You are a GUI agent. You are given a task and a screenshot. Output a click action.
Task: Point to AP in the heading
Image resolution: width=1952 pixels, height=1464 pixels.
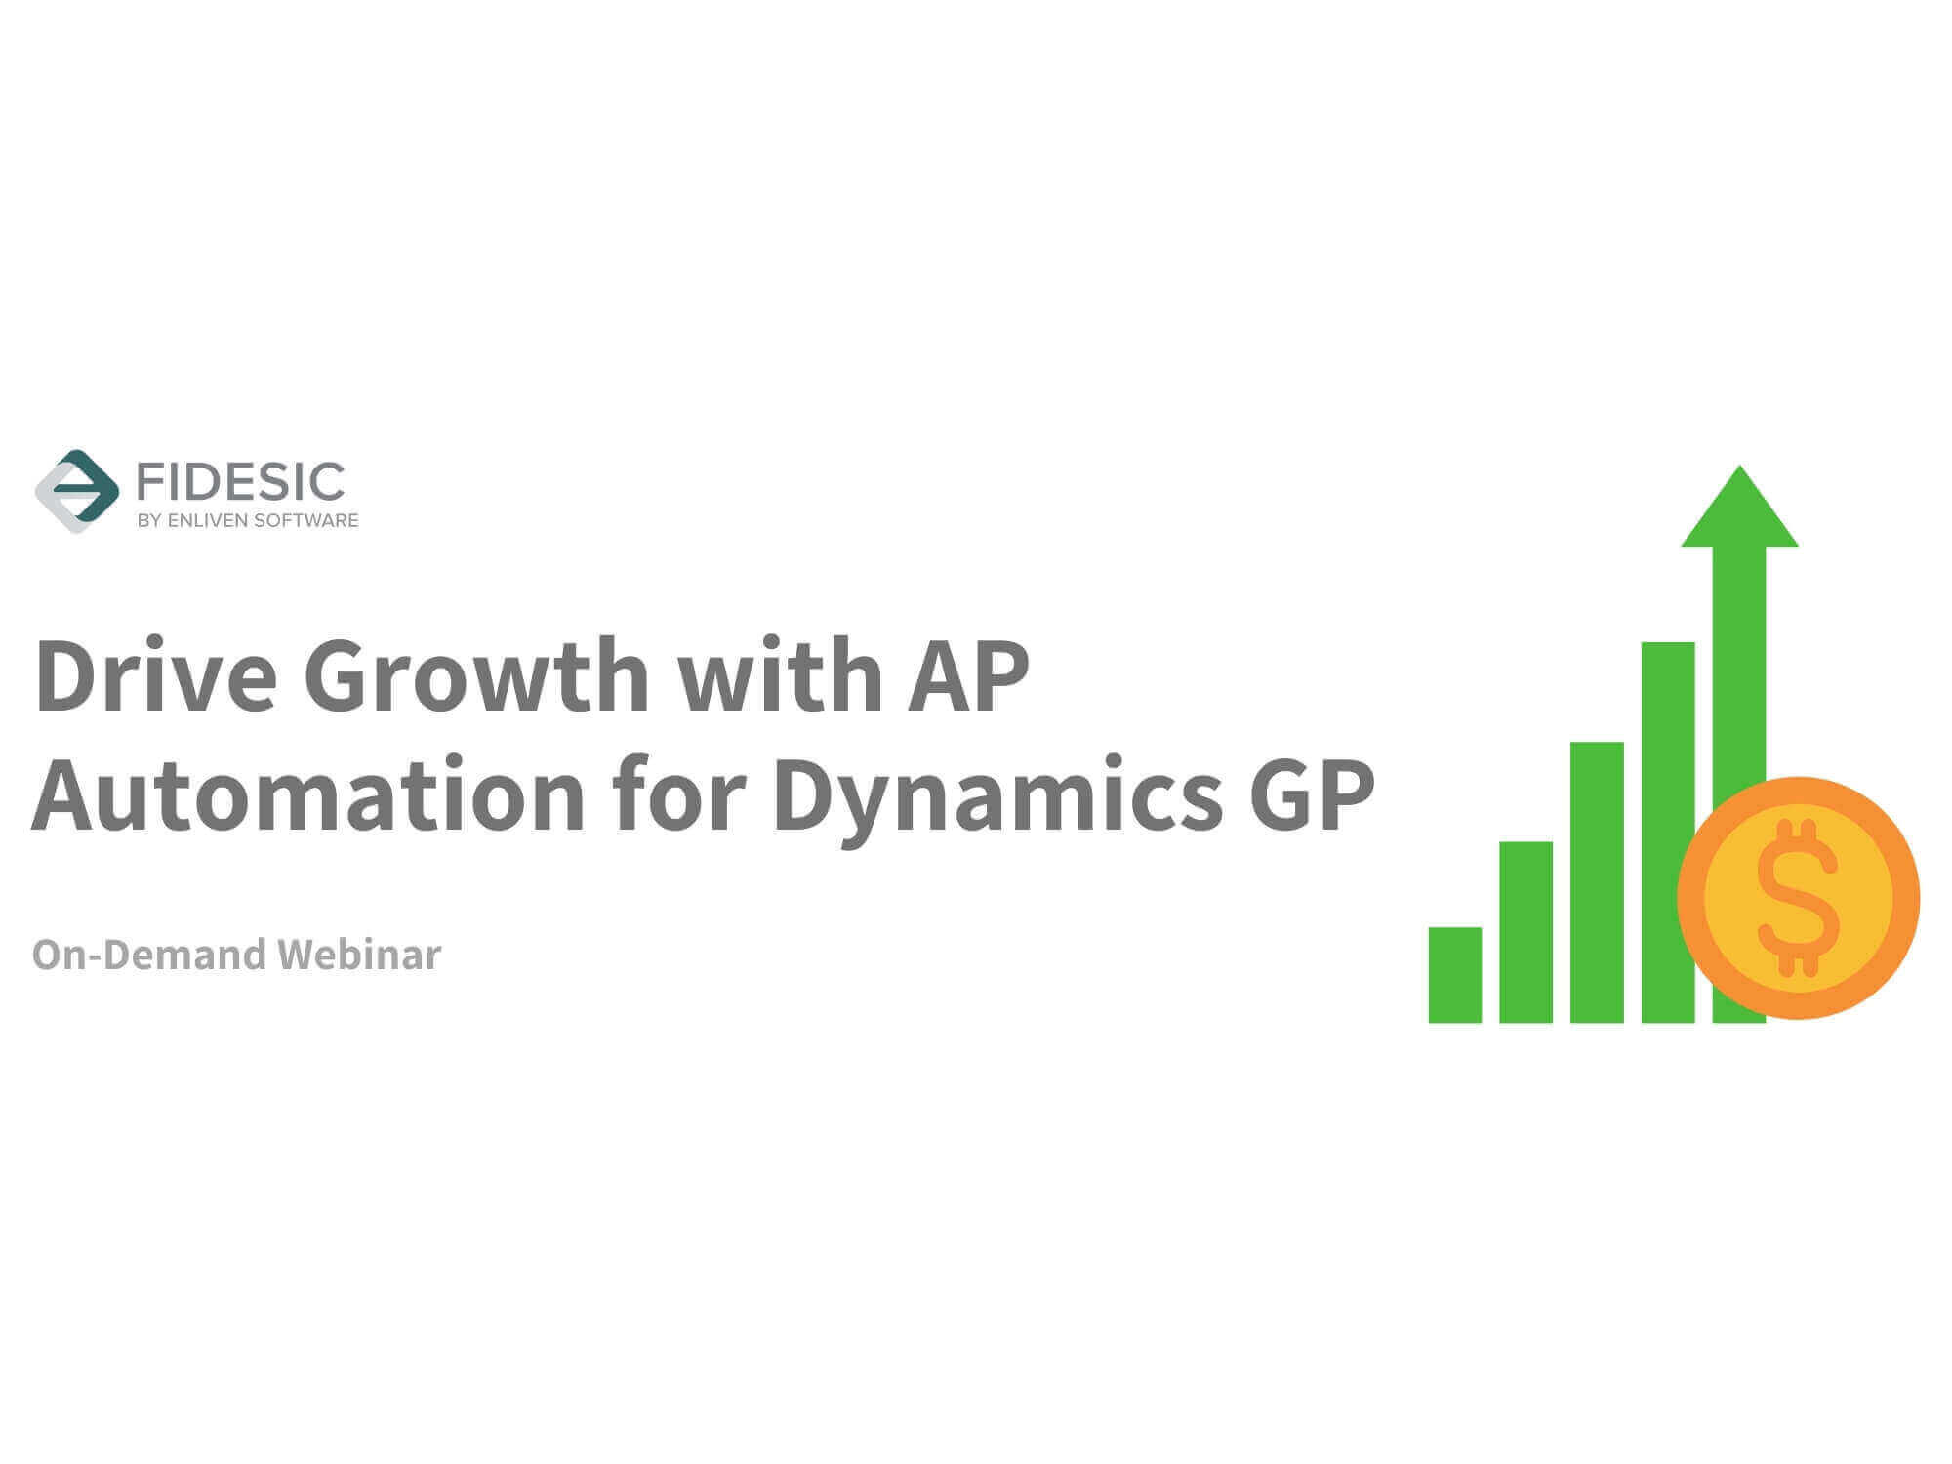[x=968, y=676]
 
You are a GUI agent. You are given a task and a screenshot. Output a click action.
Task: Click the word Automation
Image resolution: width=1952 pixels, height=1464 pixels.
[x=308, y=795]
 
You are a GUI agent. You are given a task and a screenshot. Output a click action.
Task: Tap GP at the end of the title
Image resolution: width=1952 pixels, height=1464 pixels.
[x=1313, y=796]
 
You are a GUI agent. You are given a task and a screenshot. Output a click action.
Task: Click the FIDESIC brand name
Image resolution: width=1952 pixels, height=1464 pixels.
[x=240, y=482]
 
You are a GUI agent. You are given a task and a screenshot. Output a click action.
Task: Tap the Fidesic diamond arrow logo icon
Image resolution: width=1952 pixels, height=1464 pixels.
[x=76, y=491]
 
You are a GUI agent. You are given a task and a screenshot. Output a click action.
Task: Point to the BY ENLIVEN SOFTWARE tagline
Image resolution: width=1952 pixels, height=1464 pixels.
[x=248, y=521]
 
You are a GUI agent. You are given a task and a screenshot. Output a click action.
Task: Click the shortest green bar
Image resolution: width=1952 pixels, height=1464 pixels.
[x=1455, y=975]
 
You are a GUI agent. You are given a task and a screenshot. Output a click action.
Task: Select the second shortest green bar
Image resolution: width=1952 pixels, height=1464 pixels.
[x=1525, y=932]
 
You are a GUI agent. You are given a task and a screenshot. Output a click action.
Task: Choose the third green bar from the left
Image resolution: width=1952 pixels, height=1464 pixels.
[x=1597, y=882]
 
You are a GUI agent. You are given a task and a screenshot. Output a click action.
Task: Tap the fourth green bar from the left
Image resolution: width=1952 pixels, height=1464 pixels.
[x=1668, y=833]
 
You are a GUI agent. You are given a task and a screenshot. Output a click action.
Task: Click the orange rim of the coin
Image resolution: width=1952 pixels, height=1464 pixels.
[x=1691, y=898]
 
